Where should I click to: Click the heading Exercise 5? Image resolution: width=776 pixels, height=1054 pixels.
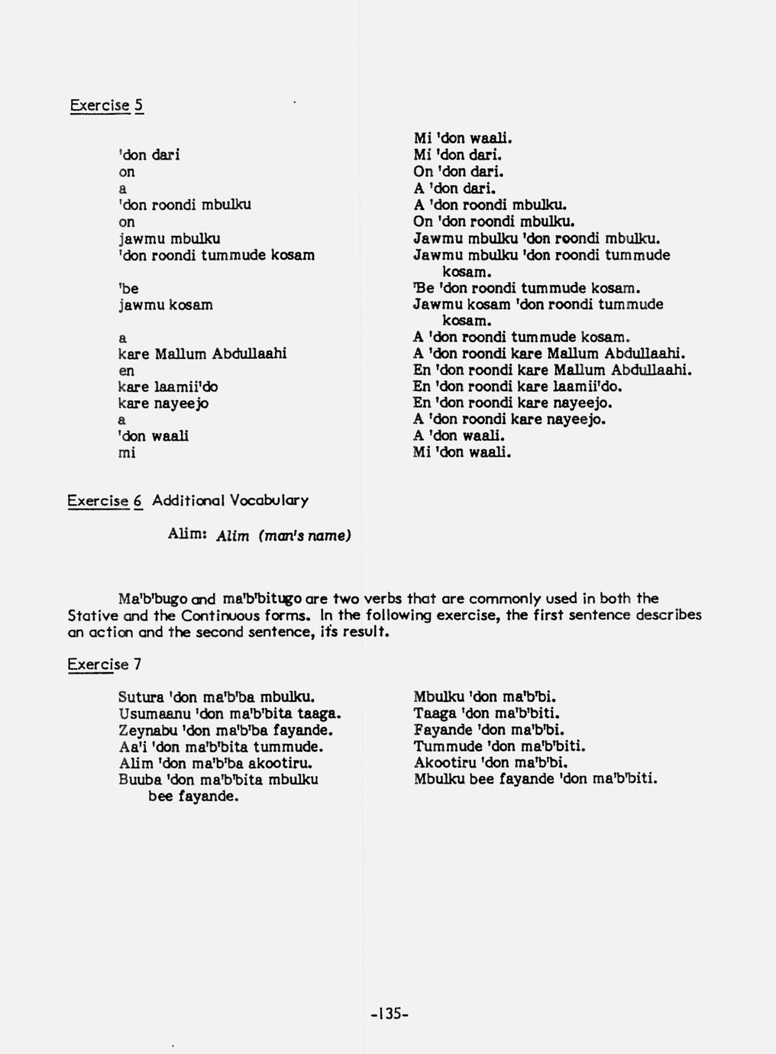[x=106, y=105]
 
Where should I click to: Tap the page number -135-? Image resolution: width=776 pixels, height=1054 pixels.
[x=390, y=1014]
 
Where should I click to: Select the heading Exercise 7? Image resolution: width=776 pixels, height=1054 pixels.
[x=104, y=664]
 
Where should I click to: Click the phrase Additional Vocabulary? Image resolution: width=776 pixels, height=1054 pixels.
[x=230, y=501]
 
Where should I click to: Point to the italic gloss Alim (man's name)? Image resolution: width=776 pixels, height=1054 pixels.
[x=283, y=536]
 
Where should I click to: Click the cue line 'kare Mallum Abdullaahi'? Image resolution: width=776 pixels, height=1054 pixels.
[x=202, y=354]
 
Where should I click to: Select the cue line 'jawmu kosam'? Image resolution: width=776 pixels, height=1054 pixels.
[x=165, y=305]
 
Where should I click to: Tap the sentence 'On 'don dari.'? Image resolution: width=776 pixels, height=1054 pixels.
[x=458, y=172]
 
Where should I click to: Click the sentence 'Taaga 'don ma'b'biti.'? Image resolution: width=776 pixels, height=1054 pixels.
[x=487, y=713]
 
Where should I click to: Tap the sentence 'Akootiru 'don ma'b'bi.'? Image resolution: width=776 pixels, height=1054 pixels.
[x=491, y=762]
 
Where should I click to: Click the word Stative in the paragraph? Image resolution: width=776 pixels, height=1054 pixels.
[x=92, y=616]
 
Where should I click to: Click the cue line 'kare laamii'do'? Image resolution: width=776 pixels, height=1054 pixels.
[x=167, y=387]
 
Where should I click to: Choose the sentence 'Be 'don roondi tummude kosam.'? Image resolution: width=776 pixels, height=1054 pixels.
[x=525, y=288]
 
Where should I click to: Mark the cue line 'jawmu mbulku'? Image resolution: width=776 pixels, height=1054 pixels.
[x=169, y=238]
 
